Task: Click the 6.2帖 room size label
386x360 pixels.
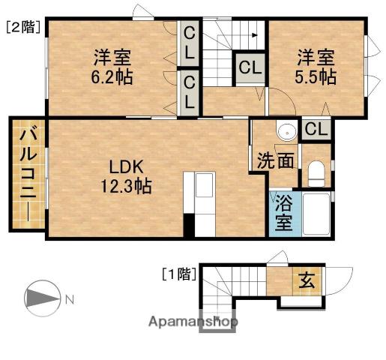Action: coord(113,77)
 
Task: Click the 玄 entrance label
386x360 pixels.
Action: coord(307,281)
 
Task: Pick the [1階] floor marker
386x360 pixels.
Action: coord(179,274)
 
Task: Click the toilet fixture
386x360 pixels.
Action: coord(316,173)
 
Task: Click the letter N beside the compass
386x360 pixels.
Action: coord(69,301)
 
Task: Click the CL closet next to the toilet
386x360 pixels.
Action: coord(316,128)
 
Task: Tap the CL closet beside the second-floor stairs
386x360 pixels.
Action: coord(250,67)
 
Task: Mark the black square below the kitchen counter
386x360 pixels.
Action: coord(189,224)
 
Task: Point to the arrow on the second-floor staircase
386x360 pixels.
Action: coord(256,34)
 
